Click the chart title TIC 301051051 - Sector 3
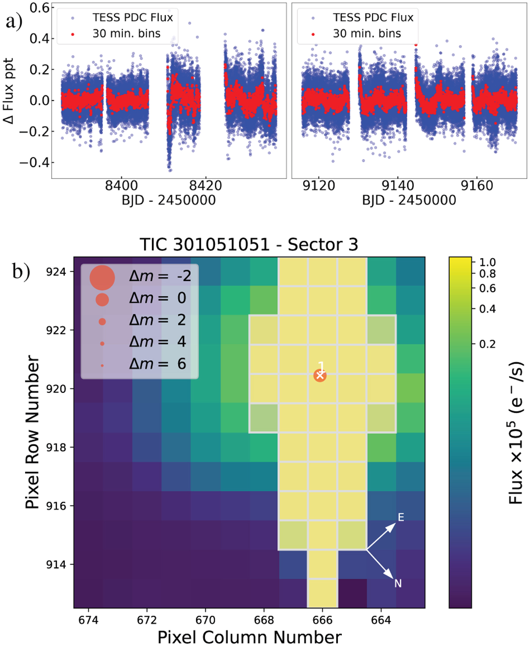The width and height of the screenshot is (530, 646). click(x=249, y=244)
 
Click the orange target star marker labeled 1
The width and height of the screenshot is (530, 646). click(x=320, y=376)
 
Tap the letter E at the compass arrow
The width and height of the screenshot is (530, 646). click(x=401, y=517)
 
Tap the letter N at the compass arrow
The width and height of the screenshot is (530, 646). click(x=398, y=584)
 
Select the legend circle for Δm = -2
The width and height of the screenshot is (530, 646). click(x=102, y=277)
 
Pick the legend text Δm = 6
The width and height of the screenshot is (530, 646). click(x=158, y=364)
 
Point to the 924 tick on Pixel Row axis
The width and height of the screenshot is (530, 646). click(x=56, y=272)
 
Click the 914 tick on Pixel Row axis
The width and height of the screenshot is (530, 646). click(x=56, y=565)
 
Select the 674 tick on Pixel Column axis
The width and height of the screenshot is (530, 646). click(x=88, y=620)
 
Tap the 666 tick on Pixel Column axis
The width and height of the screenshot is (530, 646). click(x=322, y=620)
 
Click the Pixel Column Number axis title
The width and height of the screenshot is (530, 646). click(x=250, y=638)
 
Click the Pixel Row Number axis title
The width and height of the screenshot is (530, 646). click(x=33, y=432)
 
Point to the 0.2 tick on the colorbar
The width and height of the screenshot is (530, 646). click(x=488, y=344)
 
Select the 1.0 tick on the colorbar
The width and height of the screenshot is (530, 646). click(x=488, y=262)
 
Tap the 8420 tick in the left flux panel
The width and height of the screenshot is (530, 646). click(x=205, y=186)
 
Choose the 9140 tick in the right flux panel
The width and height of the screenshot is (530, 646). click(x=397, y=186)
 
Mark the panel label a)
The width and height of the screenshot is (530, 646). click(x=14, y=21)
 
